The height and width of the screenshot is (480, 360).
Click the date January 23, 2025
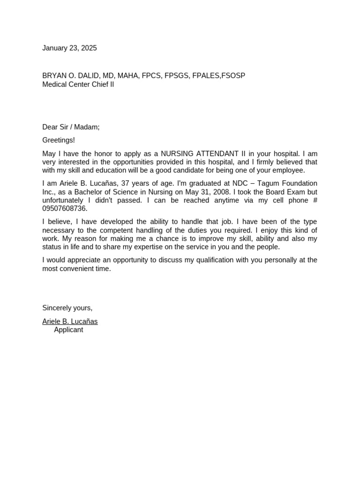(69, 48)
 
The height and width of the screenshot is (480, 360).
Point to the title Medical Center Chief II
(78, 84)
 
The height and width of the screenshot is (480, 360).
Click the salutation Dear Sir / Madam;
(71, 127)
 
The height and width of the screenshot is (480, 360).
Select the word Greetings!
(59, 140)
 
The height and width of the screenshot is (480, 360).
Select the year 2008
(222, 192)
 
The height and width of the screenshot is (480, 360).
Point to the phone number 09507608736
(64, 209)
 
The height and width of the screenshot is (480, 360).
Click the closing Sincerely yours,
(67, 308)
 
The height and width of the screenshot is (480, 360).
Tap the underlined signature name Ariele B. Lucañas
(70, 322)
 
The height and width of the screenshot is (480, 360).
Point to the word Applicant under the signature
(68, 330)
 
